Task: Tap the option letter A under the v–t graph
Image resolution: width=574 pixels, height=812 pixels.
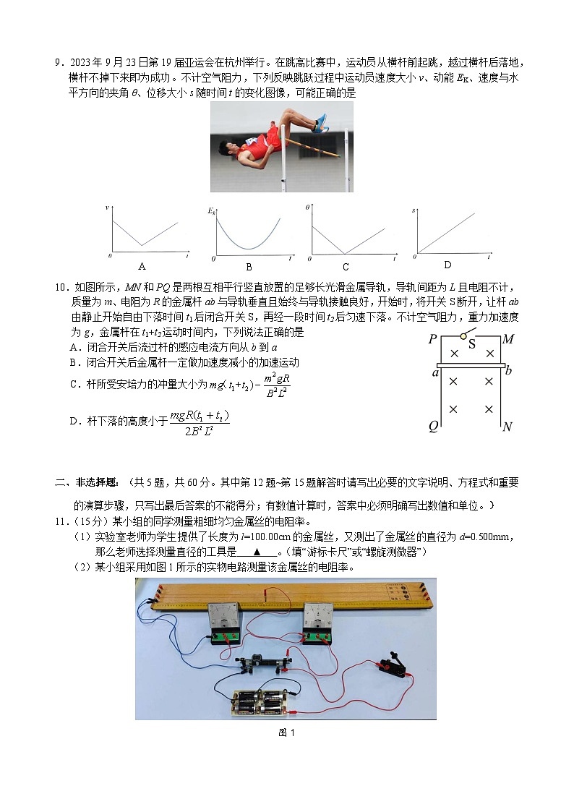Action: tap(142, 265)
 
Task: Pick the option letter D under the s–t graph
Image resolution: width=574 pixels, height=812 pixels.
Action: tap(447, 265)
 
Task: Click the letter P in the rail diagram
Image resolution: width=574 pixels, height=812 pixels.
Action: tap(432, 340)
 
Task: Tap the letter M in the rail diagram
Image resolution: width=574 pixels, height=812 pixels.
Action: tap(507, 340)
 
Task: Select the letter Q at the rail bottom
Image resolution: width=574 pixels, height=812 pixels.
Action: tap(433, 427)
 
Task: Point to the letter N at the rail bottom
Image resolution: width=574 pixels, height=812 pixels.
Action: tap(507, 427)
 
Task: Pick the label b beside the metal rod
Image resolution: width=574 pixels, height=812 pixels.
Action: tap(508, 371)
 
